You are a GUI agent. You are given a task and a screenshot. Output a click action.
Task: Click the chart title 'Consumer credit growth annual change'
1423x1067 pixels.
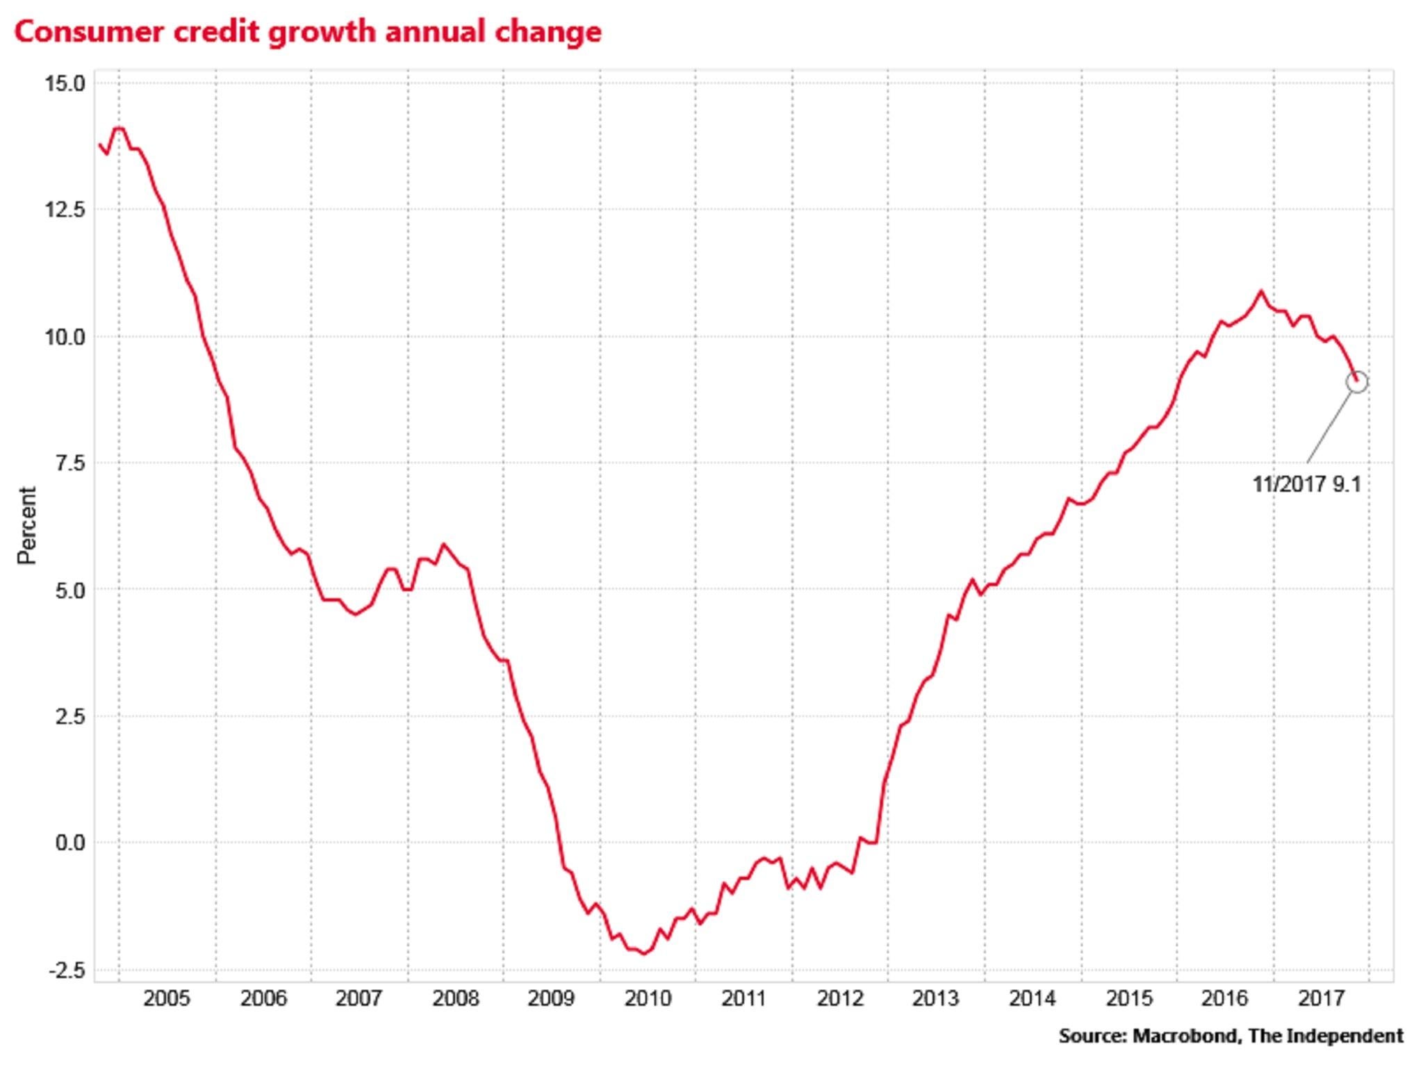coord(308,32)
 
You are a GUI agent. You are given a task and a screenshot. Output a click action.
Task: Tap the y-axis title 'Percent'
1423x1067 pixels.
coord(26,525)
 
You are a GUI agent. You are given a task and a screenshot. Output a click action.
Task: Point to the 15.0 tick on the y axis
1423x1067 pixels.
coord(65,84)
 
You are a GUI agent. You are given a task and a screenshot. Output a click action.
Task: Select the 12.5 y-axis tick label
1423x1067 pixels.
coord(65,210)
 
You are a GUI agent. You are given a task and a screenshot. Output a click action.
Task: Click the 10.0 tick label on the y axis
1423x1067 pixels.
coord(65,337)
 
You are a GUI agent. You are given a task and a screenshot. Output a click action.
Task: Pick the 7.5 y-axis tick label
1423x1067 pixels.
coord(69,463)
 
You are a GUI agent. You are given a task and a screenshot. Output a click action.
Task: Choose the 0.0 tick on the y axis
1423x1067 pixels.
coord(69,843)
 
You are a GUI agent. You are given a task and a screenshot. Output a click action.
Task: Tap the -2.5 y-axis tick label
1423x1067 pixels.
coord(67,970)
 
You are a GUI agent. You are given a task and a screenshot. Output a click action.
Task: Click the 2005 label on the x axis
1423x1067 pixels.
coord(166,999)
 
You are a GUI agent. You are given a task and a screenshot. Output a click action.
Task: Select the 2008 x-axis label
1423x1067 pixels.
coord(455,999)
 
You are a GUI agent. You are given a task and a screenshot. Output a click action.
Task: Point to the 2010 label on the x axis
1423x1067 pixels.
coord(648,999)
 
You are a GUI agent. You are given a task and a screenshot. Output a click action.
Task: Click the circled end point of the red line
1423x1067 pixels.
coord(1356,381)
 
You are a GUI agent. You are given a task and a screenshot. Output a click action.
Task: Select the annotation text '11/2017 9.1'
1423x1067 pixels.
coord(1306,484)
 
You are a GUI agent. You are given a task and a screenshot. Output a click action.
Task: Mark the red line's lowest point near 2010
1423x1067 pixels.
coord(644,954)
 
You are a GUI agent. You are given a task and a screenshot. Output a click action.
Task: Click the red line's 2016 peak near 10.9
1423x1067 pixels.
coord(1260,292)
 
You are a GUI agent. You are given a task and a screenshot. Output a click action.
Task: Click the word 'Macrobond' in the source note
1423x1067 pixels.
coord(1185,1036)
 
